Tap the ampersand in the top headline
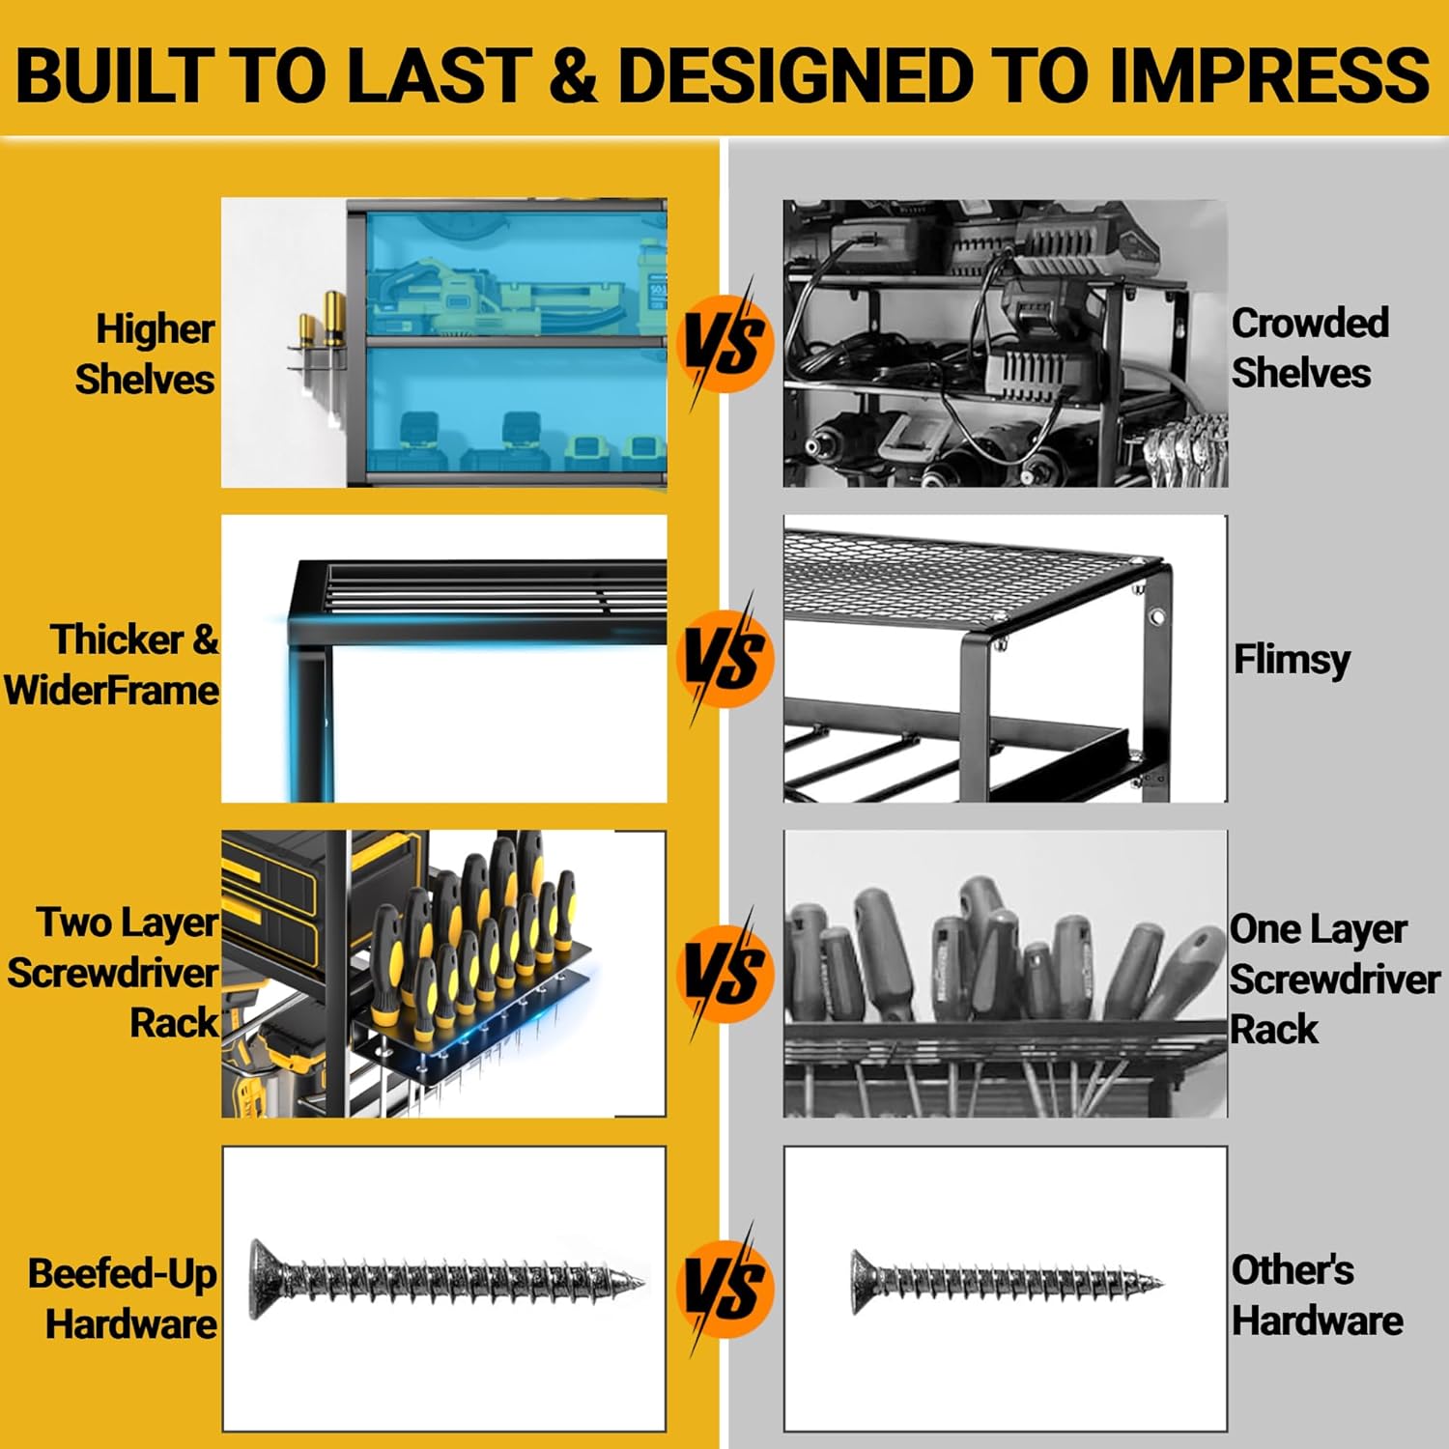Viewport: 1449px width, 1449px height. (x=577, y=74)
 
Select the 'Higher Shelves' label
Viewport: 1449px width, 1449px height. (x=145, y=355)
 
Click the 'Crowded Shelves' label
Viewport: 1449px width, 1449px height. (x=1310, y=348)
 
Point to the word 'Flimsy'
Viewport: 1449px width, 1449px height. (x=1292, y=660)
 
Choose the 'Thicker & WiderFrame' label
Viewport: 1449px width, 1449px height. (x=111, y=665)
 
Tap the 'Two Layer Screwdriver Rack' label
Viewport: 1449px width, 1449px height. (x=113, y=972)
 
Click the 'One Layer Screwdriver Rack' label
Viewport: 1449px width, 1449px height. (x=1334, y=978)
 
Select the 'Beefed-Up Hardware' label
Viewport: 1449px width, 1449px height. (x=122, y=1298)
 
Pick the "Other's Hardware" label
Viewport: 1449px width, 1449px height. (x=1317, y=1294)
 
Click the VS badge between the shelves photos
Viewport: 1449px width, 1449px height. (x=726, y=343)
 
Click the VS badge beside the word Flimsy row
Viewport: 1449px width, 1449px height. (x=726, y=658)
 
